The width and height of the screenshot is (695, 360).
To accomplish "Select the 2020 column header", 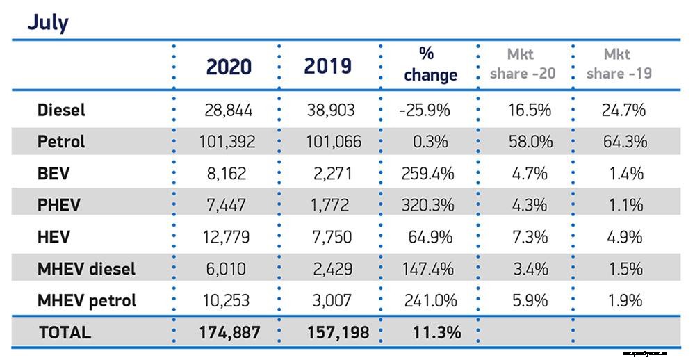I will pos(229,67).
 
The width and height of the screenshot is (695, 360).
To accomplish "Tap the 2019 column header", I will pos(328,66).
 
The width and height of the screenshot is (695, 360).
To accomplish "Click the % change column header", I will pos(429,65).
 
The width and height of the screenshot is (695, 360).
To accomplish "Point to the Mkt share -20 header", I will pos(523,64).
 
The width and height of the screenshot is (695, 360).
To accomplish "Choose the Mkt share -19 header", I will pos(619,64).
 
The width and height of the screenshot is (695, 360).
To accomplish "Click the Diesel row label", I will pos(60,110).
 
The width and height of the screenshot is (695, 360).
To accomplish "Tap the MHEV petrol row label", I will pos(86,300).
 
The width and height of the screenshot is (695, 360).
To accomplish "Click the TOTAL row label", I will pos(65,332).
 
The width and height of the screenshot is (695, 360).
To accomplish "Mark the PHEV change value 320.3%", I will pos(428,205).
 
